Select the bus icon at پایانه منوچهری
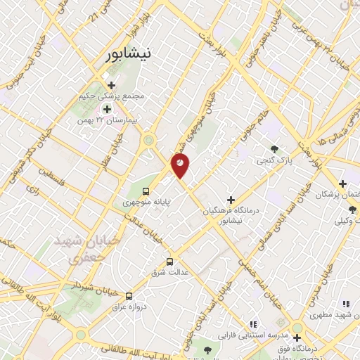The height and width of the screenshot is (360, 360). coord(146,191)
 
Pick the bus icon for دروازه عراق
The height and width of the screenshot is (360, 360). coord(129,296)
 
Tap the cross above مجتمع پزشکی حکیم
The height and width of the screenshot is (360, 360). coord(110,85)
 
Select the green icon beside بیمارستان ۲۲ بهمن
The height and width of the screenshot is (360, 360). coord(107,109)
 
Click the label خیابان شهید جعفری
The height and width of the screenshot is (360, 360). coord(79,248)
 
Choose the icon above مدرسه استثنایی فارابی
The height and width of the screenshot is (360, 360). coord(252,323)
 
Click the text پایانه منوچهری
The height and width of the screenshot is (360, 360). coord(146,202)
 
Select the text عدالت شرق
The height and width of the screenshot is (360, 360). coord(163,270)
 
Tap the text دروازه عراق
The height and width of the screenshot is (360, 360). coord(129,307)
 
